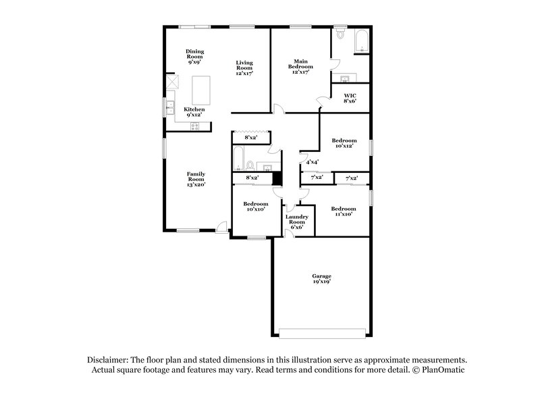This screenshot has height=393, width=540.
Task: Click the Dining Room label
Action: tap(195, 55)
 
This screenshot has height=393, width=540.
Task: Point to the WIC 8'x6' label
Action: tap(350, 99)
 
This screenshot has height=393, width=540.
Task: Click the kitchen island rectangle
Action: tap(202, 87)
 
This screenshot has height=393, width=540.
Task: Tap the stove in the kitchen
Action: tap(196, 126)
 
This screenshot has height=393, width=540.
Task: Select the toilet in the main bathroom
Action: tap(340, 35)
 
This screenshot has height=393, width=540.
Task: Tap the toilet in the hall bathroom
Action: tap(250, 164)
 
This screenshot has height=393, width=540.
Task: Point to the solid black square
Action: tap(276, 178)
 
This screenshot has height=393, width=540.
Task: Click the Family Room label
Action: tap(196, 178)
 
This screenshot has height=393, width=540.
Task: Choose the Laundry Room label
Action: tap(298, 221)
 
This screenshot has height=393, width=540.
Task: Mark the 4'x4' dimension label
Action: tap(313, 162)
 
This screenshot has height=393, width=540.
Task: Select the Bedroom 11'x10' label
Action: tap(343, 211)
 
